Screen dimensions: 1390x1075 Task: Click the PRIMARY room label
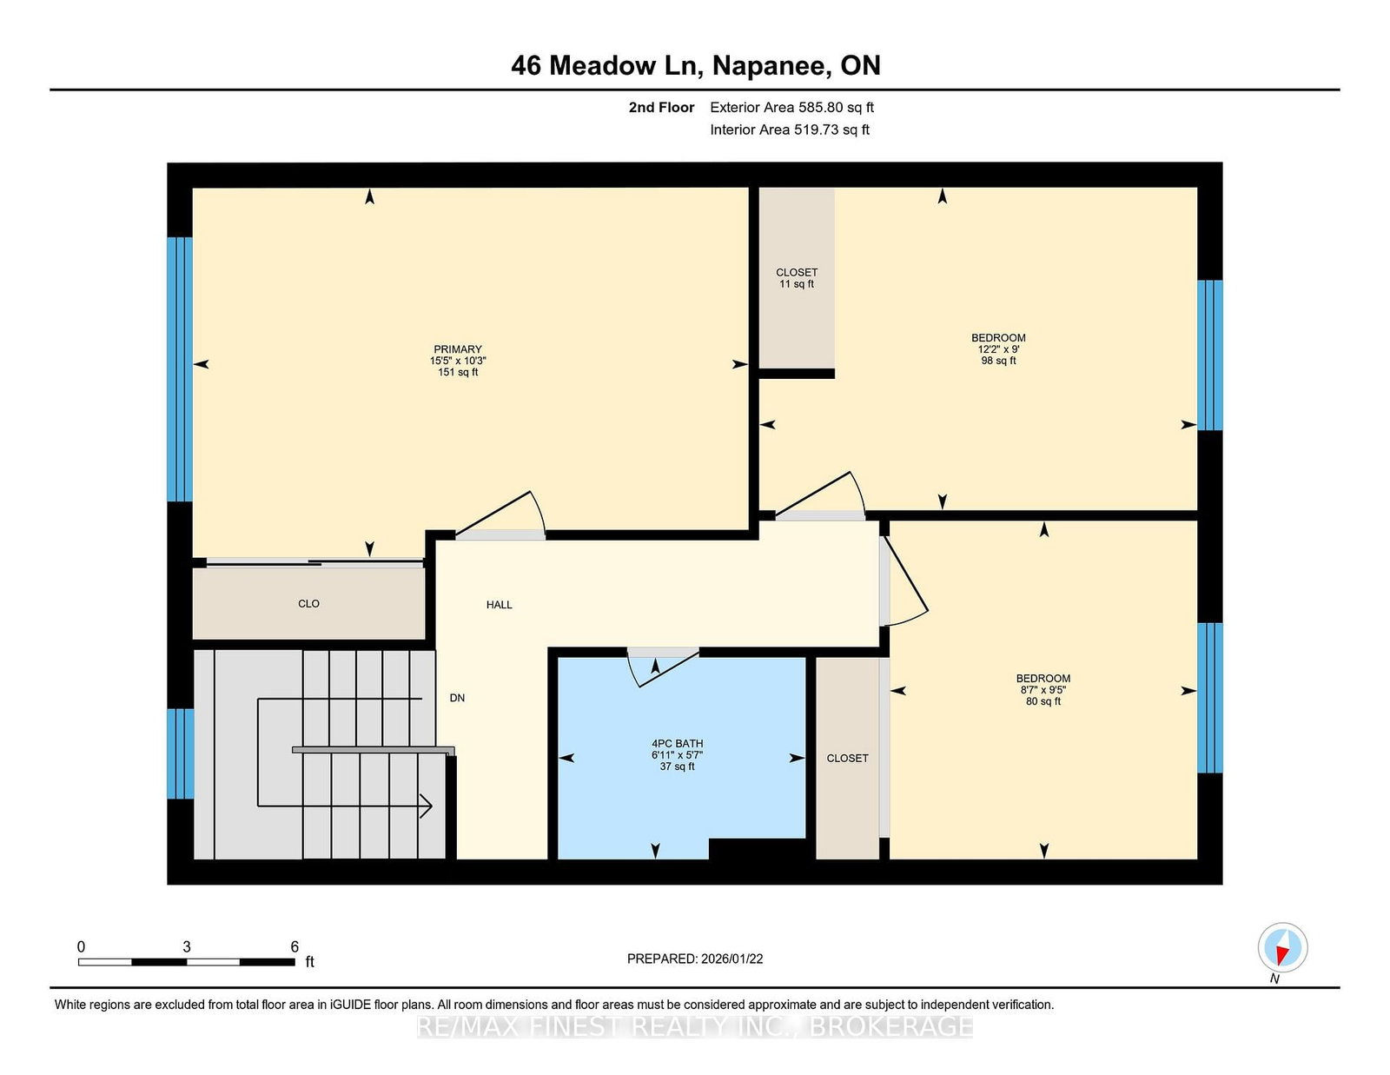click(457, 348)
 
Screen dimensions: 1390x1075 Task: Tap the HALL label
click(499, 605)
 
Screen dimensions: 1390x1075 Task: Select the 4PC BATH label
click(677, 744)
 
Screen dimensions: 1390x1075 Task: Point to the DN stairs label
click(457, 698)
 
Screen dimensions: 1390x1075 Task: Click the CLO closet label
click(308, 604)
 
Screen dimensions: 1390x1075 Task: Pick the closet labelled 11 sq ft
click(797, 278)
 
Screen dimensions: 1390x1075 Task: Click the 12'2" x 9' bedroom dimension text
click(998, 349)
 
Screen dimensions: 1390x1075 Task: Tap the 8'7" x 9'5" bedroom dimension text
click(1042, 690)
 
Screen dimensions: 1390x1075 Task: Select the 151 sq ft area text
click(457, 372)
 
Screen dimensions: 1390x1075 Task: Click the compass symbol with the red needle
click(1282, 947)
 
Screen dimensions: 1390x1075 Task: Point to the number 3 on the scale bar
click(186, 946)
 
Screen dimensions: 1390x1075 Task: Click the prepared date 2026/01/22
click(731, 959)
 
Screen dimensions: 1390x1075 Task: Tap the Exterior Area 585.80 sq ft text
click(791, 108)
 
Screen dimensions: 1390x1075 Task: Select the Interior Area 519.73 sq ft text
click(790, 129)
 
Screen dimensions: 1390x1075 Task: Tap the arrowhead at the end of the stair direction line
click(427, 806)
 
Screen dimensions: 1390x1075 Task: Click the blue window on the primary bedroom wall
click(180, 369)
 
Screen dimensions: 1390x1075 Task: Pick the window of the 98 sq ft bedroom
click(1209, 355)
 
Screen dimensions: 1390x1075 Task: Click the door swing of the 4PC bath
click(663, 668)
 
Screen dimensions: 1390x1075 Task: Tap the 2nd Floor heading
click(661, 108)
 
